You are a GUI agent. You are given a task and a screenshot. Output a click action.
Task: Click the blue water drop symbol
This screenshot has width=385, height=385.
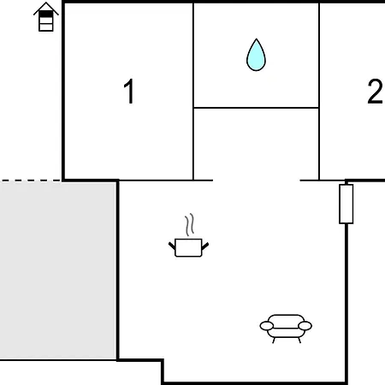(x=256, y=55)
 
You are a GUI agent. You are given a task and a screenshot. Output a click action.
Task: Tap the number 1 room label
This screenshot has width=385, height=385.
(x=129, y=92)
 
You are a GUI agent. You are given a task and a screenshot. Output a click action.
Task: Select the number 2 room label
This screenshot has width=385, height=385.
(x=375, y=92)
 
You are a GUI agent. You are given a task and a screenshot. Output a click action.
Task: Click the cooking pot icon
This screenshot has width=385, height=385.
(x=188, y=247)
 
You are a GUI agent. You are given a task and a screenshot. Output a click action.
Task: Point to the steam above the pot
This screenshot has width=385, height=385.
(x=189, y=225)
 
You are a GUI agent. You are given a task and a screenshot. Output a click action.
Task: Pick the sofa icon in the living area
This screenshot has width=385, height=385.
(x=286, y=329)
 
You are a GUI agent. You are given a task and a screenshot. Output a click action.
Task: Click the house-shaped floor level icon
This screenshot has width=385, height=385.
(x=46, y=17)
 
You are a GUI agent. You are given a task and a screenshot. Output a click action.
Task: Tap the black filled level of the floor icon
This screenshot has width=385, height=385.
(x=46, y=14)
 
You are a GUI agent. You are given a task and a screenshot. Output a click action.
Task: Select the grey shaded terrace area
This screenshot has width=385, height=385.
(x=58, y=271)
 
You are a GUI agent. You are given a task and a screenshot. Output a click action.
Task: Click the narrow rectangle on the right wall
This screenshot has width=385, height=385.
(x=346, y=204)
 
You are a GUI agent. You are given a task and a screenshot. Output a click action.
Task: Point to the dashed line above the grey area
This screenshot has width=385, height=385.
(x=30, y=181)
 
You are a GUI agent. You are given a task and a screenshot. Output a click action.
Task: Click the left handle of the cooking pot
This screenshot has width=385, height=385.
(x=172, y=246)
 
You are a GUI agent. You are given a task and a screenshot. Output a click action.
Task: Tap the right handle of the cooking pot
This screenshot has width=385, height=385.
(x=205, y=246)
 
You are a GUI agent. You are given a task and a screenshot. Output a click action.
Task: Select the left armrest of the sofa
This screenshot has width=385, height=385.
(x=267, y=326)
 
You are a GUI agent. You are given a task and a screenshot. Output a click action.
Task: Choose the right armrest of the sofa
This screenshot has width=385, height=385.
(x=305, y=326)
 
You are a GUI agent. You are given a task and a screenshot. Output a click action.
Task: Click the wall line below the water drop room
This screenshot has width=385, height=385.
(x=256, y=108)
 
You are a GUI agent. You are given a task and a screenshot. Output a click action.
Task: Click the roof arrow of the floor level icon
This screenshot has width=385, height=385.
(x=46, y=8)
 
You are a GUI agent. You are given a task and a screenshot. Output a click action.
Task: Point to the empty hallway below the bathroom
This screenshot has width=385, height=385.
(x=256, y=144)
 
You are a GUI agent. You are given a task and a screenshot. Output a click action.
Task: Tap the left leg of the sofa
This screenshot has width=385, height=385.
(x=274, y=341)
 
